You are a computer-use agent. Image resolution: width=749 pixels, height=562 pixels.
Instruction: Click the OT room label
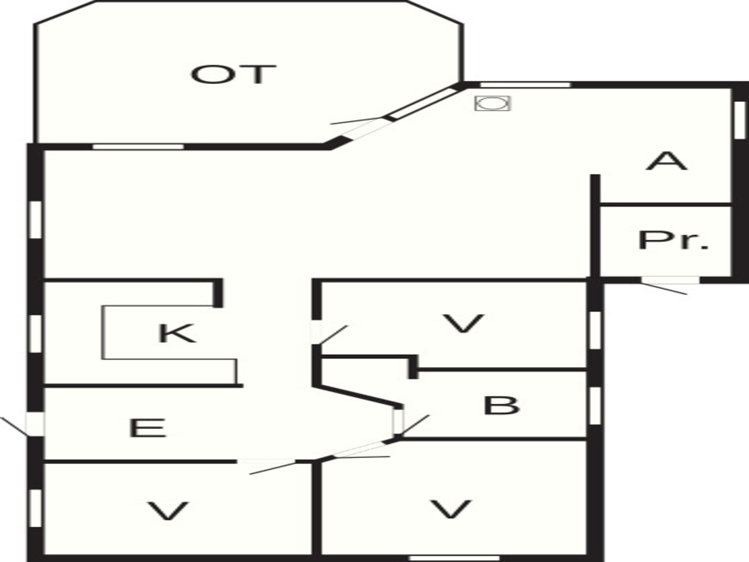(x=234, y=75)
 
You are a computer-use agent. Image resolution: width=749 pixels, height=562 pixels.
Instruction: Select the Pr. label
(x=673, y=240)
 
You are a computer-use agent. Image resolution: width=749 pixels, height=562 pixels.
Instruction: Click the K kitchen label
(x=177, y=333)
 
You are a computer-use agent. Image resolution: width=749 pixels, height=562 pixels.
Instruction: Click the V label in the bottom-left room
(x=168, y=511)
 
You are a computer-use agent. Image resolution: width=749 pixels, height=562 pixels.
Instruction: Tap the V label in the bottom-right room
(x=451, y=509)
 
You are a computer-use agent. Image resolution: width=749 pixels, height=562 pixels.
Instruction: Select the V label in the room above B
(x=463, y=324)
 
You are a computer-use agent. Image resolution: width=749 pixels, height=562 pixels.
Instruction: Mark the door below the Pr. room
(x=669, y=285)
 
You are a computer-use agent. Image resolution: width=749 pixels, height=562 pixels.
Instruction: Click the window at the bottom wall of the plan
(x=454, y=558)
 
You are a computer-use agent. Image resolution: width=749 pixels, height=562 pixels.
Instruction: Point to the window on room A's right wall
(x=739, y=120)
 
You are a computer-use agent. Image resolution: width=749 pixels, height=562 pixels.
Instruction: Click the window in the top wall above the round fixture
(x=525, y=85)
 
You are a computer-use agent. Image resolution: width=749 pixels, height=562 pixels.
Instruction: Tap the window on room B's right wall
(x=595, y=406)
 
